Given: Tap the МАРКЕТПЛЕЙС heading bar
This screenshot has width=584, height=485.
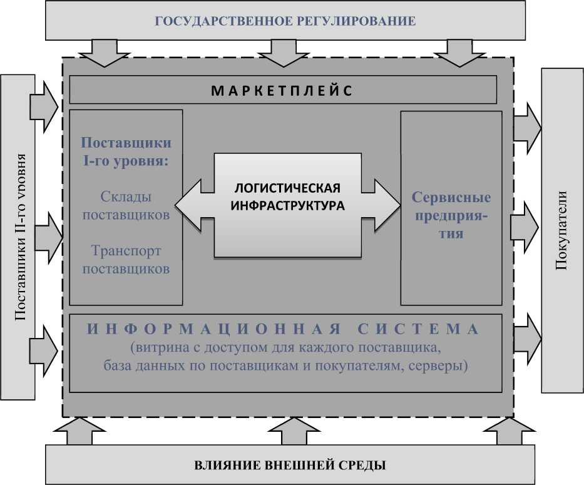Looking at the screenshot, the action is (282, 90).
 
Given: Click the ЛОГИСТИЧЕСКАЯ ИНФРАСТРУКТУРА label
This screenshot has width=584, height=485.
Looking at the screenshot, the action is (287, 197).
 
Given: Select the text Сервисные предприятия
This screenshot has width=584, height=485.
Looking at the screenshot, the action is (451, 215).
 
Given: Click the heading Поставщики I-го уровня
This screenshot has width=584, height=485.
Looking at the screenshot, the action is (126, 151).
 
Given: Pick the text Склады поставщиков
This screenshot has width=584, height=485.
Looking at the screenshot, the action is (126, 206).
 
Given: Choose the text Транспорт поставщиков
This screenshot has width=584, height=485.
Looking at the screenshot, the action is (126, 260).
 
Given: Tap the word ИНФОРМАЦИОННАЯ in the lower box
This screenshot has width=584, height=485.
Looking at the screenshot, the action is (213, 329).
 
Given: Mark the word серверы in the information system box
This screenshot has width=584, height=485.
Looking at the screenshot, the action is (441, 365).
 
